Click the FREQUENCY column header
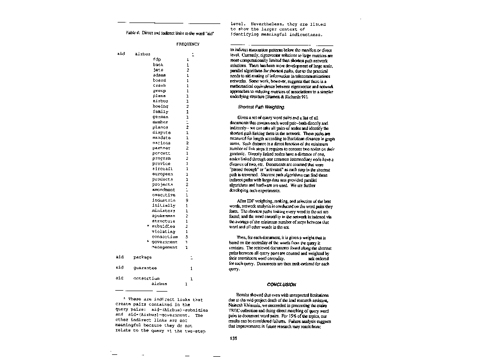[x=187, y=44]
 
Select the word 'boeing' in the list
[x=160, y=106]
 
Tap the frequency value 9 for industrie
[x=187, y=200]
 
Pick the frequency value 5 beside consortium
[x=187, y=237]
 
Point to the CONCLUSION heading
[x=281, y=285]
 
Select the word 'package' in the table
[x=142, y=257]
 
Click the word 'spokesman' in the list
[x=164, y=216]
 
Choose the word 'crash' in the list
[x=159, y=85]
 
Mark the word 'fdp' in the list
[x=157, y=60]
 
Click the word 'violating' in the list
[x=164, y=231]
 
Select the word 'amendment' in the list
[x=164, y=190]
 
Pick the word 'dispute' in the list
[x=161, y=132]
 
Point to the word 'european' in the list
[x=163, y=174]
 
